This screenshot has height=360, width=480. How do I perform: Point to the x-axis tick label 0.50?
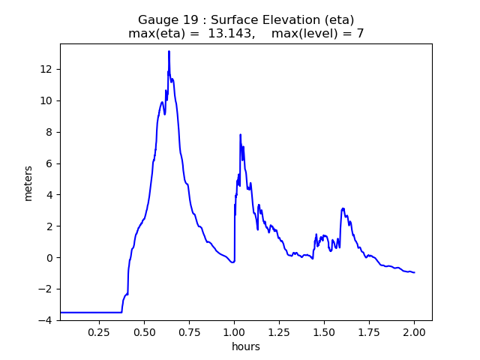145,331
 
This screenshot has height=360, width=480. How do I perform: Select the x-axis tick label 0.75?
190,331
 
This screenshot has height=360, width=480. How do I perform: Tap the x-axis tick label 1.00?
235,331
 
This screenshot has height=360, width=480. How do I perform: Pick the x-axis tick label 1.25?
280,331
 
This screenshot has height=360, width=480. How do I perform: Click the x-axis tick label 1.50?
324,331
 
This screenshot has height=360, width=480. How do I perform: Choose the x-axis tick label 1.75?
369,331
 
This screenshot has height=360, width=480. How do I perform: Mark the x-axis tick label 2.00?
414,331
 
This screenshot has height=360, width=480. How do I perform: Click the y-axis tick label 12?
46,69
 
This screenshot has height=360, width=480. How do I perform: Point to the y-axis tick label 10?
46,100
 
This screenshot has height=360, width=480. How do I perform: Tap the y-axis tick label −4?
46,320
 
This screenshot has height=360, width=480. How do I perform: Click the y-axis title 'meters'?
28,182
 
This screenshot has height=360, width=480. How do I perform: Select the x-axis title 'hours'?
246,346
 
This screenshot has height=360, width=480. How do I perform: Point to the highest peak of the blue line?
169,52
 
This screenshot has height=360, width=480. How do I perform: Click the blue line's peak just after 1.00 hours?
240,135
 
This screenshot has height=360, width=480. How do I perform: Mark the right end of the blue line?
414,272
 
